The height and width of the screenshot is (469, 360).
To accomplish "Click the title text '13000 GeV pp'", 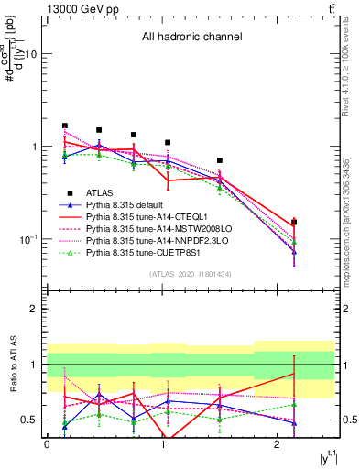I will point(75,8).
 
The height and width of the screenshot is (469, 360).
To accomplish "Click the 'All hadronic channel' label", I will point(191,38).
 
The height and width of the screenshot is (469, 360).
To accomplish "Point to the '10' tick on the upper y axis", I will point(29,54).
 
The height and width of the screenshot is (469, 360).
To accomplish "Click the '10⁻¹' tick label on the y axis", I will point(27,239).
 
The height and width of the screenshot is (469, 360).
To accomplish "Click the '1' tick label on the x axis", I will point(162,443).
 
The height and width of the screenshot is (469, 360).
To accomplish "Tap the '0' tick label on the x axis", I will point(47,443).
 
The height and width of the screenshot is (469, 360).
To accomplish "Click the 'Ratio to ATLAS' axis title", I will point(12,365).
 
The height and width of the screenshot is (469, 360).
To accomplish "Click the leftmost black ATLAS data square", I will point(65,125).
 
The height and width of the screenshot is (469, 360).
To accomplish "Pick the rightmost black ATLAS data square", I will point(293,222).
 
